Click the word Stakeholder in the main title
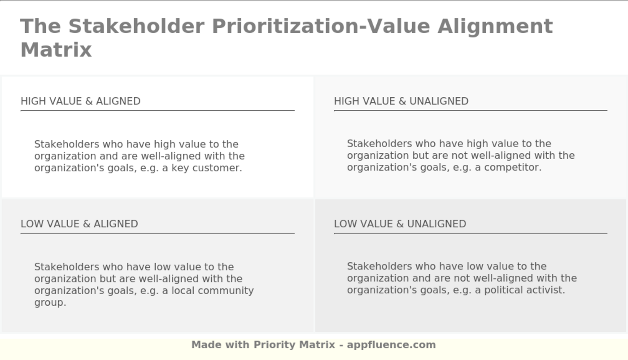coord(136,26)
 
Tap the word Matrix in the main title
coord(56,50)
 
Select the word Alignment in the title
coord(495,26)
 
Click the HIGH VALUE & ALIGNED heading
coord(80,101)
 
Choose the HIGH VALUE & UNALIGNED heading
coord(401,101)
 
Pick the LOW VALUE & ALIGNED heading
coord(79,224)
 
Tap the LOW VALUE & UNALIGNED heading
coord(400,224)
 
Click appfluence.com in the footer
coord(391,345)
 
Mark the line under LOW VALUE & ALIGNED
coord(157,233)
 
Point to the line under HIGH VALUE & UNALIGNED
coord(470,110)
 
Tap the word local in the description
coord(183,291)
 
